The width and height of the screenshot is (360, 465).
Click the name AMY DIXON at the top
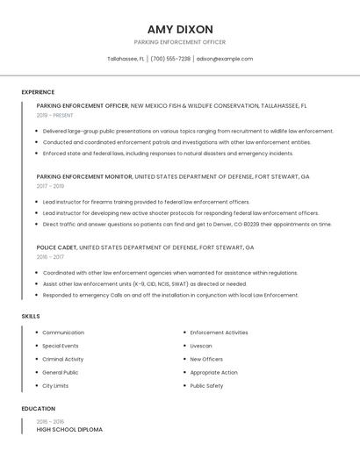(x=180, y=29)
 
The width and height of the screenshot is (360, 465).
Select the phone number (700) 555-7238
(x=170, y=59)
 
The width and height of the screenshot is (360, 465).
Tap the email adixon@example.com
(x=225, y=59)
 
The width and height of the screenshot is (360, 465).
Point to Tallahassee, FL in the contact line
(x=126, y=59)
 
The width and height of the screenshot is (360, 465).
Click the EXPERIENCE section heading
(x=38, y=92)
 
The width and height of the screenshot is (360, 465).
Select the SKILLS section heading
(x=31, y=316)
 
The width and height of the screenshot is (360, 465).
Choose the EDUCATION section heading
(x=38, y=409)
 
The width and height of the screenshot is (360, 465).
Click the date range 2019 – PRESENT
(x=55, y=115)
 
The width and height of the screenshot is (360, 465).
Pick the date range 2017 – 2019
(x=50, y=186)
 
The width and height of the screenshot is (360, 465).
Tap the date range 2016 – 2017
(x=50, y=257)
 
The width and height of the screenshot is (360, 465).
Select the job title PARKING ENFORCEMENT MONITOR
(x=84, y=176)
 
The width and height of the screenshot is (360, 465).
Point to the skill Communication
(x=63, y=333)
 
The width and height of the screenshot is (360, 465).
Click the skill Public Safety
(x=206, y=386)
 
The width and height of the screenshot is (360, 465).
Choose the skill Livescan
(x=201, y=346)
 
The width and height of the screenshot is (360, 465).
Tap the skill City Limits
(x=55, y=386)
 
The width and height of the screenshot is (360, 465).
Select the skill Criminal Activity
(x=63, y=359)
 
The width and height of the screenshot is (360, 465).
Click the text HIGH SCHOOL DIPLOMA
(x=69, y=430)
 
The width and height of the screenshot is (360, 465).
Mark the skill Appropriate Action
(x=213, y=373)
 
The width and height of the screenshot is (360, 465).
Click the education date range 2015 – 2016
(x=50, y=422)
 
